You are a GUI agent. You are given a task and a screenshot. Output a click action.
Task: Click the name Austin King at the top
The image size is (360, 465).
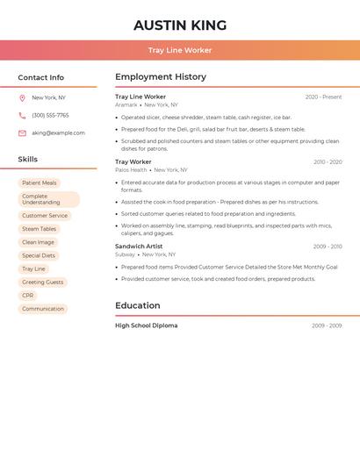[180, 25]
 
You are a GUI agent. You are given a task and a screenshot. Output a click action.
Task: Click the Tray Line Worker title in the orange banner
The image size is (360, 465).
[180, 50]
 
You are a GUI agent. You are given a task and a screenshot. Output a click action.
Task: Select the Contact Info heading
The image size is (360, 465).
[40, 77]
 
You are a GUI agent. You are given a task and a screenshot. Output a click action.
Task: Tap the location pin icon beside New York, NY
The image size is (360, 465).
[22, 98]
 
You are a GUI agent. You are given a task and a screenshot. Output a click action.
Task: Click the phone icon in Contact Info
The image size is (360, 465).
[22, 116]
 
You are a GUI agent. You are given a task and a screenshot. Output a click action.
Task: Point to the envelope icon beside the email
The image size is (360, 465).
[22, 133]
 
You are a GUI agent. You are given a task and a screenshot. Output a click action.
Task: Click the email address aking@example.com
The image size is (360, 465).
[58, 133]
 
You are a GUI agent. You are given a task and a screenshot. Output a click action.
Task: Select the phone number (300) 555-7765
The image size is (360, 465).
[50, 116]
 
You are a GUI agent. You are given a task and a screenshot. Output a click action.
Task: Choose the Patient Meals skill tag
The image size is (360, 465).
[40, 183]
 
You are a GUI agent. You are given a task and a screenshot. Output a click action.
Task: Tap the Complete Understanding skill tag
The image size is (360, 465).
[47, 199]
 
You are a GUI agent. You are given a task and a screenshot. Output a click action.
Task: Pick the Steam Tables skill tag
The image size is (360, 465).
[40, 229]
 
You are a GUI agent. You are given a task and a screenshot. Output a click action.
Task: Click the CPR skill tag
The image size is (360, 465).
[28, 296]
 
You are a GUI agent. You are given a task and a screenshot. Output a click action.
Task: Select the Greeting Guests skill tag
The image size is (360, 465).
[43, 283]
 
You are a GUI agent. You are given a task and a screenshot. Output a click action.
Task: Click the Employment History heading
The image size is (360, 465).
[161, 77]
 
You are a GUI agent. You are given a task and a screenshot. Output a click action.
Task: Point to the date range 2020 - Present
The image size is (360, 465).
[323, 97]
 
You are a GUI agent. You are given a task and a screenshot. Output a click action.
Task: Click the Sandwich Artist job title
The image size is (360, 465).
[139, 247]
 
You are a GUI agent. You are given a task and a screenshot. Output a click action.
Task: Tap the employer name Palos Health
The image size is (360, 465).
[131, 170]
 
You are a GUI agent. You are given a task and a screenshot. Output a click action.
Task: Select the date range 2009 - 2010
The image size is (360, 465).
[327, 247]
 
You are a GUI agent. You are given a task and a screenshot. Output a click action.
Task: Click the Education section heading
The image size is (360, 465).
[138, 305]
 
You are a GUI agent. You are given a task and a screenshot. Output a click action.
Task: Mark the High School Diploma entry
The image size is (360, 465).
[146, 325]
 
